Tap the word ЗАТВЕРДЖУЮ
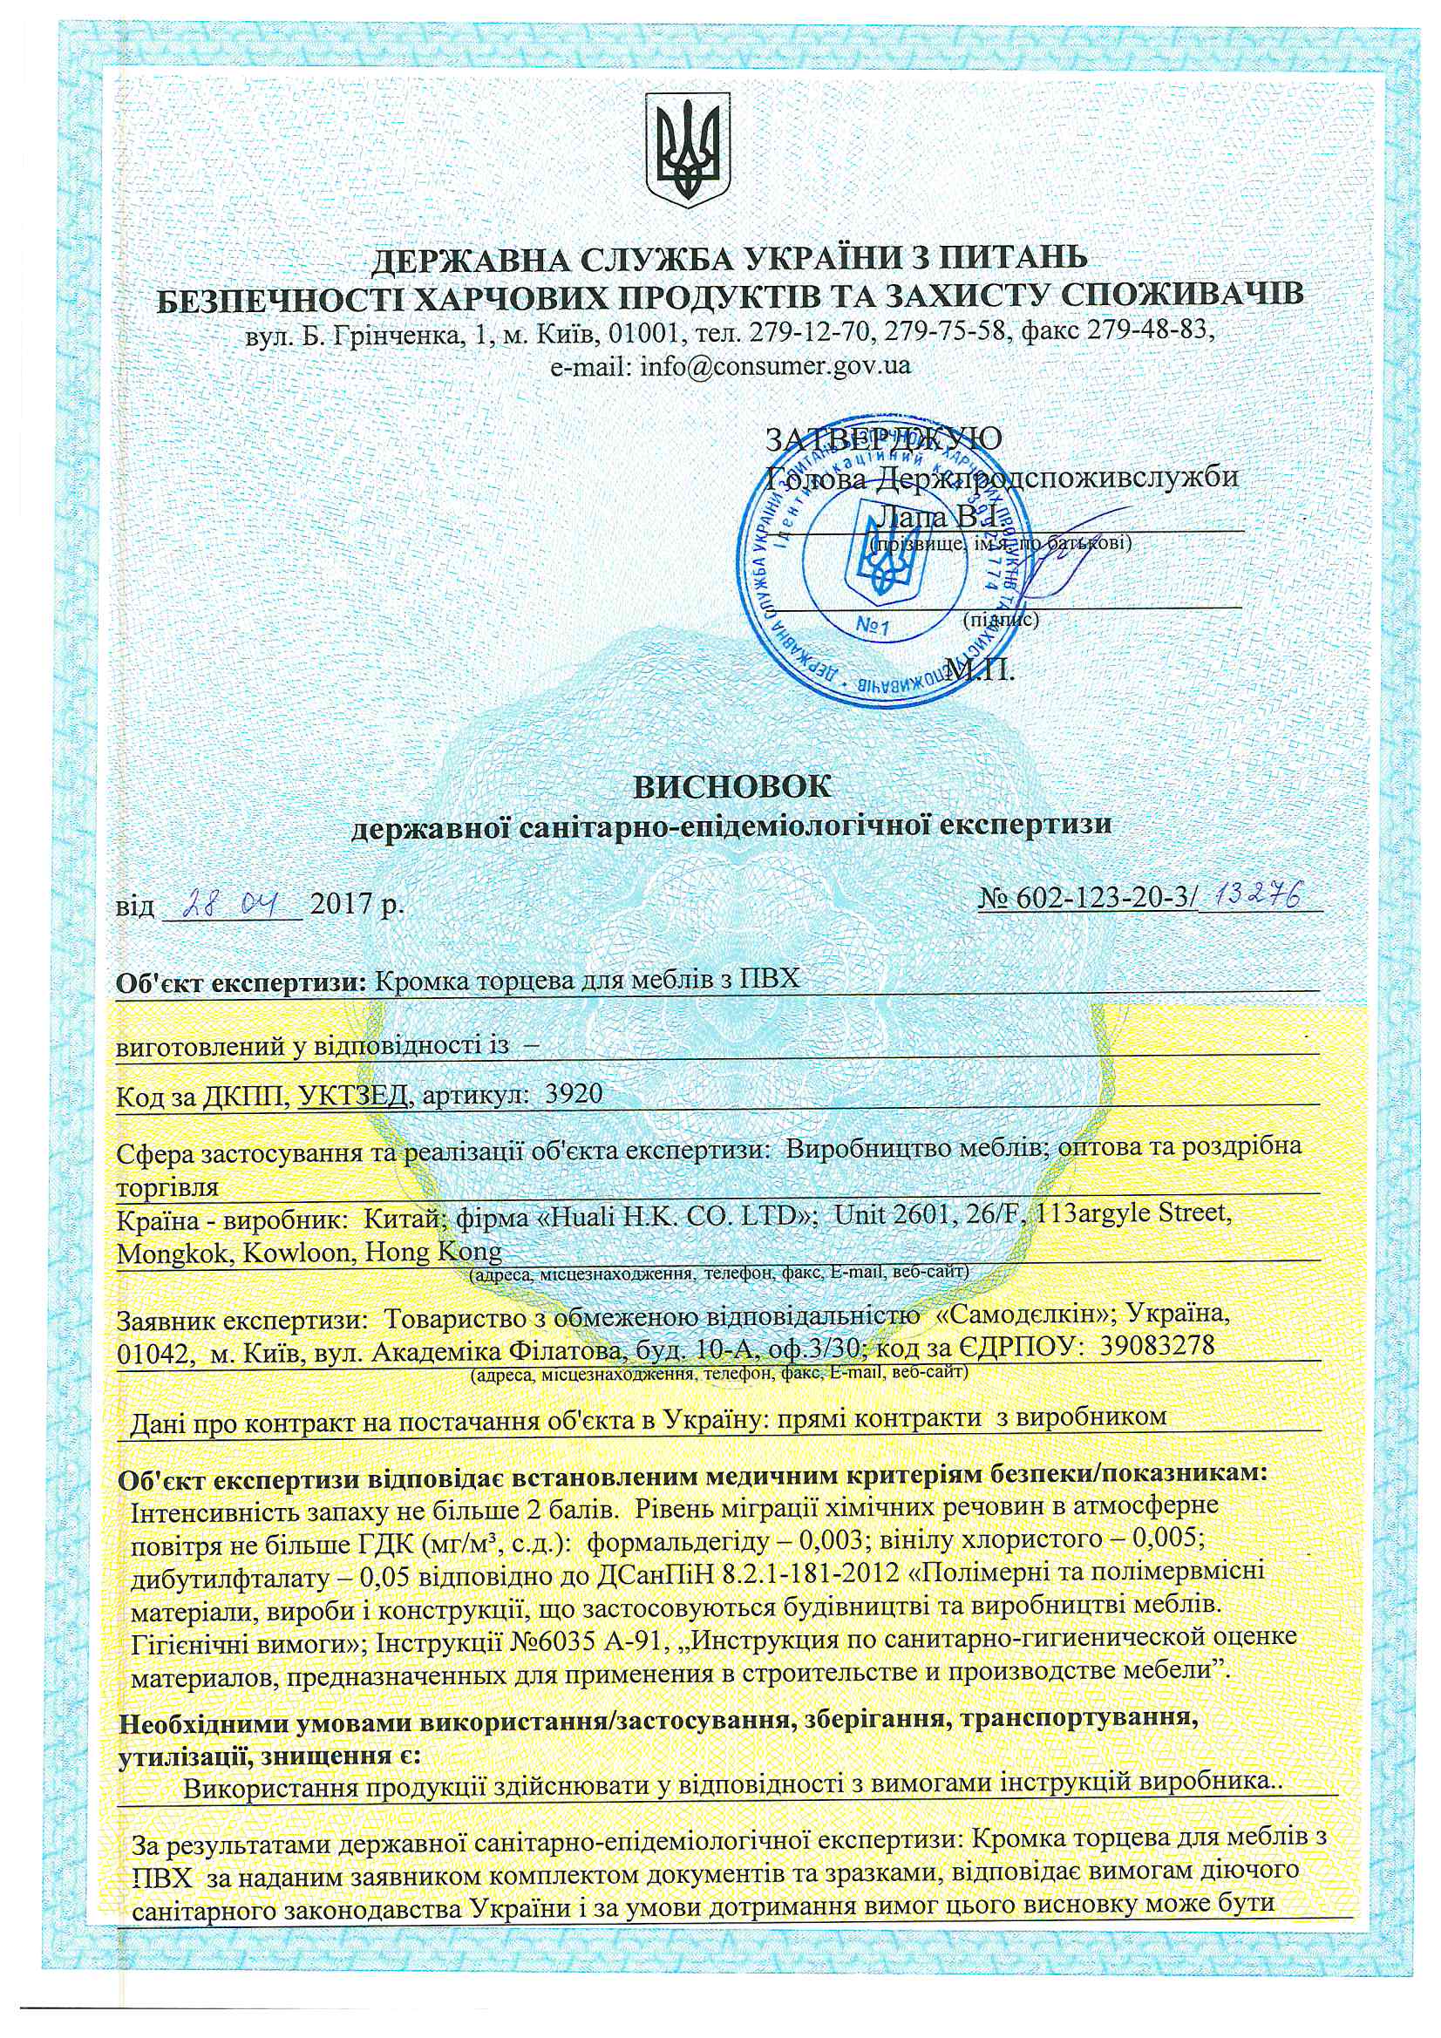click(884, 438)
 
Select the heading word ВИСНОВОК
click(731, 786)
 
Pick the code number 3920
click(574, 1095)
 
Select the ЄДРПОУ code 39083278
click(1157, 1346)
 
